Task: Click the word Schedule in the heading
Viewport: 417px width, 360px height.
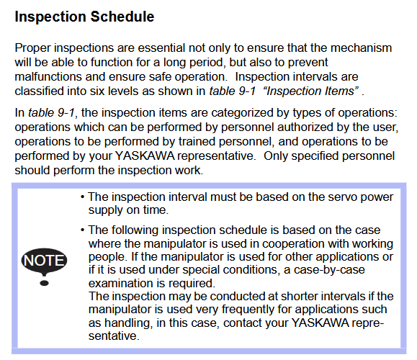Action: [x=122, y=17]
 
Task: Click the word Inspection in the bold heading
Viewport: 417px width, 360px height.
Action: [x=50, y=17]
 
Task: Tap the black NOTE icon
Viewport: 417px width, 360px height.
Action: [x=44, y=261]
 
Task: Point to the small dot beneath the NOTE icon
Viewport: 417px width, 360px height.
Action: [x=44, y=283]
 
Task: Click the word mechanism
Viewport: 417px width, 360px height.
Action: [x=361, y=48]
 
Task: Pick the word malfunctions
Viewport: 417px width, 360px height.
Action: [x=48, y=77]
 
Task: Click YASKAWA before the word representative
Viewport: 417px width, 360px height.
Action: [x=145, y=156]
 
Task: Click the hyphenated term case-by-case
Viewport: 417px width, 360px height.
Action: [x=329, y=270]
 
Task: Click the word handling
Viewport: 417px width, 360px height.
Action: [x=128, y=323]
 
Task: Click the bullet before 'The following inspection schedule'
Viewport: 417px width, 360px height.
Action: [x=83, y=230]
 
